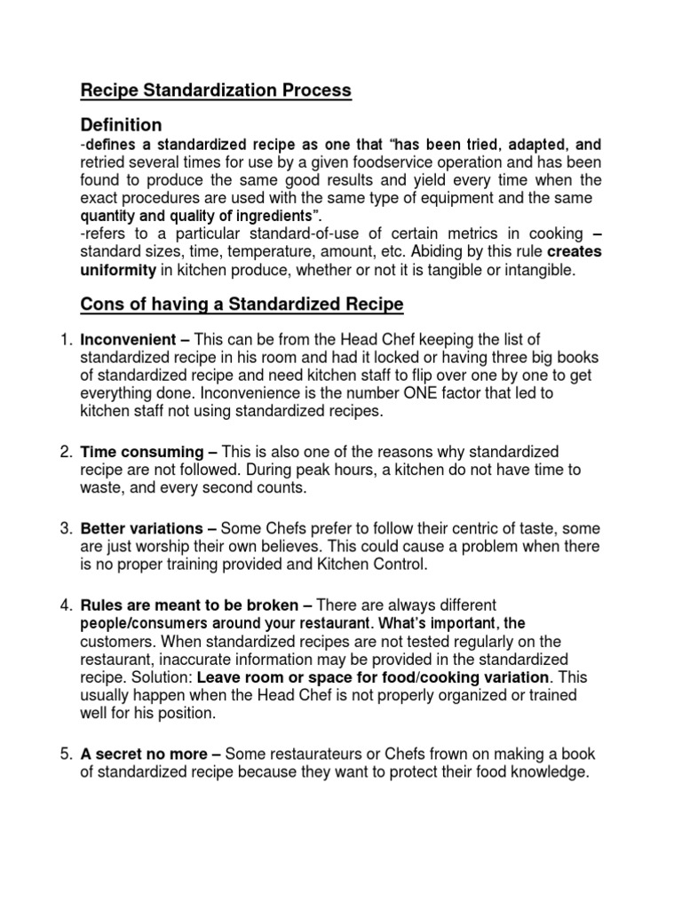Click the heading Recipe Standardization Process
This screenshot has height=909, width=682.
[x=216, y=91]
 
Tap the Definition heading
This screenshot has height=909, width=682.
[x=121, y=125]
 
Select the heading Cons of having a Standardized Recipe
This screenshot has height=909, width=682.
[x=242, y=304]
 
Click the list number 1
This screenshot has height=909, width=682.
[x=66, y=340]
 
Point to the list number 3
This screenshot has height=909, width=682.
[x=66, y=528]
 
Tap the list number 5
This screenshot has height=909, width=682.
[x=66, y=754]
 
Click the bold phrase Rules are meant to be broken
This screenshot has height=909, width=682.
[x=188, y=605]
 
